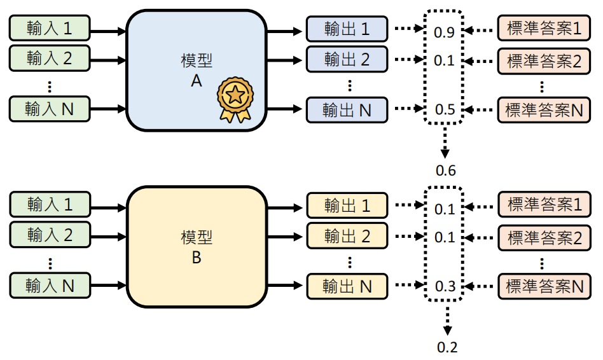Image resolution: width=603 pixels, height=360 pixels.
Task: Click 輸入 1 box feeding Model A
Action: coord(50,29)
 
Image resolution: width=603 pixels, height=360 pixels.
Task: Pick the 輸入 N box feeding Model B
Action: coord(50,286)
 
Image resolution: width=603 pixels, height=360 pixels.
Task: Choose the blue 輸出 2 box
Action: coord(347,59)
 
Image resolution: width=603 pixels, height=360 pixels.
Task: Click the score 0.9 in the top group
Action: coord(444,32)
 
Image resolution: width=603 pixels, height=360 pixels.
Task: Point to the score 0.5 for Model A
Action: coord(444,109)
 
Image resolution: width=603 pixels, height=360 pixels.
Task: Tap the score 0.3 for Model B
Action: coord(444,286)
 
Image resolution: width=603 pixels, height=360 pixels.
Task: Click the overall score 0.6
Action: coord(445,170)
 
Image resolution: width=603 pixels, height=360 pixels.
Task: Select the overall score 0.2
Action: coord(447,347)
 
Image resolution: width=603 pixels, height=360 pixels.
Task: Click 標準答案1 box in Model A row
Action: coord(543,29)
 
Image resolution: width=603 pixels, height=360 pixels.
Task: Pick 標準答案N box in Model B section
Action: coord(543,286)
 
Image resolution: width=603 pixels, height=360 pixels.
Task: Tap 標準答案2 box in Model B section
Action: coord(543,237)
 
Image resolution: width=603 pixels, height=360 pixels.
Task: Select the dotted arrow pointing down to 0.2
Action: coord(447,321)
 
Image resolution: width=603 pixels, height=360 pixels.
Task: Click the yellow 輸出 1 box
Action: coord(347,205)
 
